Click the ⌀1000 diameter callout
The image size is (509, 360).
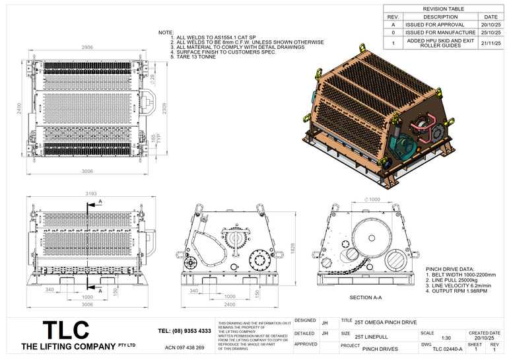coord(372,199)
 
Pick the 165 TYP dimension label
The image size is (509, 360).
coord(154,139)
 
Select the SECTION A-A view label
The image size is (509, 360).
coord(366,298)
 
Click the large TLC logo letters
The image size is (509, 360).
coord(65,330)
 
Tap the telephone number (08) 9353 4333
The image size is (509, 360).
coord(185,330)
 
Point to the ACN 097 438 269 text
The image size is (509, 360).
coord(184,347)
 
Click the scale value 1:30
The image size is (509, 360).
coord(427,338)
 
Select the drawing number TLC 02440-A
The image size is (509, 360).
coord(442,348)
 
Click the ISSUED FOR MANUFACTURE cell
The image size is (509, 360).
coord(440,32)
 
